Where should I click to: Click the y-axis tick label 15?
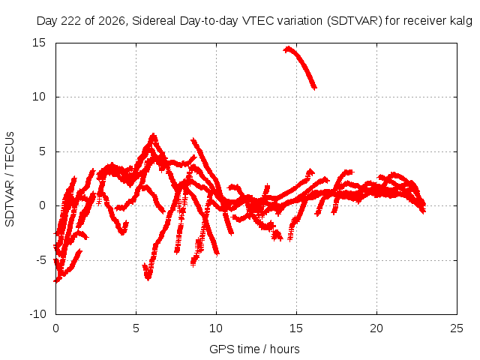tap(38, 43)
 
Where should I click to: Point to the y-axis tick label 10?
tap(38, 97)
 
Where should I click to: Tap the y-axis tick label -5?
tap(40, 260)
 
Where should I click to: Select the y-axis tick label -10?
tap(37, 314)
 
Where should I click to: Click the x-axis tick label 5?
tap(136, 328)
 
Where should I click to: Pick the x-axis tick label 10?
tap(216, 328)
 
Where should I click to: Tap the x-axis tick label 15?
tap(296, 328)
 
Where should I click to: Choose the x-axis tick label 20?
tap(376, 328)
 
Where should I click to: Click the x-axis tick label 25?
tap(457, 328)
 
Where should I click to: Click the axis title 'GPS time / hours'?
tap(254, 349)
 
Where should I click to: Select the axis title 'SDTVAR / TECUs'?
tap(10, 179)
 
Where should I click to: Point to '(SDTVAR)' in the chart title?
tap(355, 21)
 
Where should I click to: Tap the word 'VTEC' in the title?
tap(256, 21)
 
